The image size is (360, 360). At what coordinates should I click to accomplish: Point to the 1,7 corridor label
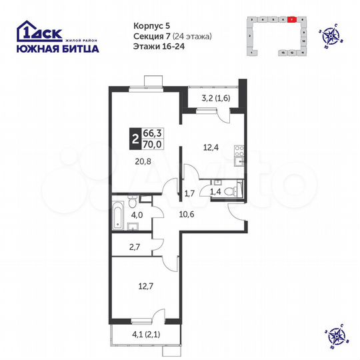click(188, 194)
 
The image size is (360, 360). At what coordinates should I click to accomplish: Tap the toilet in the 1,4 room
click(229, 191)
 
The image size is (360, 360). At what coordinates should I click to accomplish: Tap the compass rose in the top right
click(329, 33)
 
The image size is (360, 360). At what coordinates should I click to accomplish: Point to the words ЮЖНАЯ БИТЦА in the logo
click(57, 49)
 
